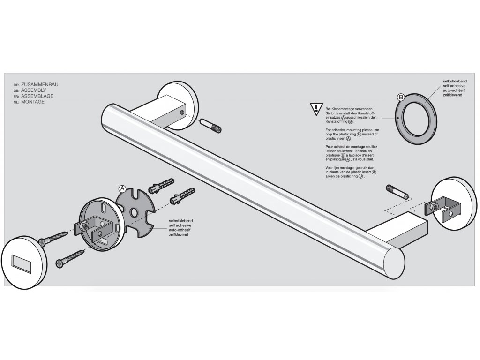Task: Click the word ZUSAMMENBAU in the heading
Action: [x=40, y=85]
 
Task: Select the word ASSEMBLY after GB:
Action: [x=33, y=90]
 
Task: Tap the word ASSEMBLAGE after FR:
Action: [x=37, y=96]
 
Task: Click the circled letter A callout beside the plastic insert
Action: [x=122, y=188]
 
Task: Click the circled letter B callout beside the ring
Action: [x=401, y=97]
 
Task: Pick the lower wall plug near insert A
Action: [x=183, y=196]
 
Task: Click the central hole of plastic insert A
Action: [x=134, y=213]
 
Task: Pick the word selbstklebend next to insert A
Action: [x=181, y=220]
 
